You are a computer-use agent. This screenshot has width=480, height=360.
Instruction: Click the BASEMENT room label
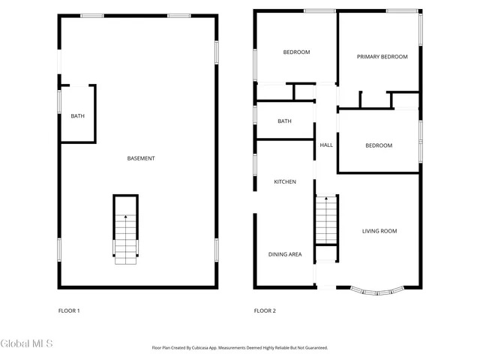point(141,158)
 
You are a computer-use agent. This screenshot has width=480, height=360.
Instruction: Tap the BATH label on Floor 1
point(77,116)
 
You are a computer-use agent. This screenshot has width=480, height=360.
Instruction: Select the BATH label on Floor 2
point(284,121)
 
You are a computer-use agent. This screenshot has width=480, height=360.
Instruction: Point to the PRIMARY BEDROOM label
point(382,57)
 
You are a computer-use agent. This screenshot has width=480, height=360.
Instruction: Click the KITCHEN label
point(284,182)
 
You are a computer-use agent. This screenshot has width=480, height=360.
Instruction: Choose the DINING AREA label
point(285,254)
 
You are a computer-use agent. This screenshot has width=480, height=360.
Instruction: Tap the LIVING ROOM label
point(379,231)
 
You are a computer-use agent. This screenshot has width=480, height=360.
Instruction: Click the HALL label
point(326,145)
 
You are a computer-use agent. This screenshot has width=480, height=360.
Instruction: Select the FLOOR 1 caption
point(69,310)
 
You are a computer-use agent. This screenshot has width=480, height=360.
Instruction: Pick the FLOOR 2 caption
point(265,310)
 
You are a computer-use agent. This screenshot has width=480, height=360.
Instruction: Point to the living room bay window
point(378,289)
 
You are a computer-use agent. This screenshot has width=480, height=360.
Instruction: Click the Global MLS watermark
point(27,343)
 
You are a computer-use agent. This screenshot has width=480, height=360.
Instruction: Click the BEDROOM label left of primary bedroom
point(296,52)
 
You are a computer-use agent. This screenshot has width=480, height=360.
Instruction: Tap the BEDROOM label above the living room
point(379,145)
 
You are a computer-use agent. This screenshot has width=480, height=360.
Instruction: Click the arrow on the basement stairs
point(126,217)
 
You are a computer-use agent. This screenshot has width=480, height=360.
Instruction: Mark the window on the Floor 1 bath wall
point(60,101)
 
